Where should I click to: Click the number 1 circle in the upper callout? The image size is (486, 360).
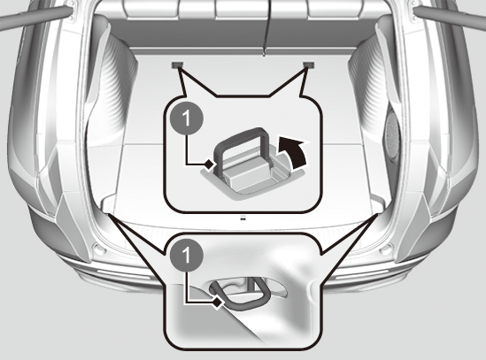[187, 119]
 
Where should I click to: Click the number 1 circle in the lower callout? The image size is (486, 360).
[187, 256]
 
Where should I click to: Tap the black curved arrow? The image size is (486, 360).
[293, 152]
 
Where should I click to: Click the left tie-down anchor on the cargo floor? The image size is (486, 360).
[177, 65]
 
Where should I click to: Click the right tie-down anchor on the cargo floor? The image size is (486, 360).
[309, 65]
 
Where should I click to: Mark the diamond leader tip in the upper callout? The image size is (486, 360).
[209, 165]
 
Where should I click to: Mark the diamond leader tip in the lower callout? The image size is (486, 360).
[218, 303]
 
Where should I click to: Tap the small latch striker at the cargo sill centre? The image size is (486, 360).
[243, 219]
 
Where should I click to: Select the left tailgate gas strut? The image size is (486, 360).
[35, 16]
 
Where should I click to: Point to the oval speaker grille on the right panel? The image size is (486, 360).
[391, 136]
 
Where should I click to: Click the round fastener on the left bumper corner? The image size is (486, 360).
[98, 249]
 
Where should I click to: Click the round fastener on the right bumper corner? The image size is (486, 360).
[386, 249]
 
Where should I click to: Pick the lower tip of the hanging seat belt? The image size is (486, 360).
[264, 56]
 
